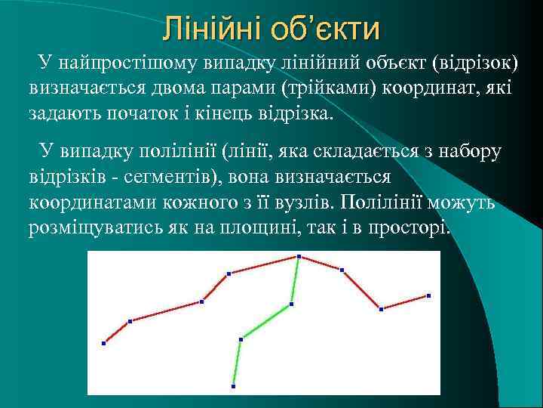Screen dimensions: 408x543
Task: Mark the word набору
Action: pos(475,152)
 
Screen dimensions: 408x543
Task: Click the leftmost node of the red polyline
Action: pos(104,343)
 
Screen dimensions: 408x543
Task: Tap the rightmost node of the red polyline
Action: pos(428,295)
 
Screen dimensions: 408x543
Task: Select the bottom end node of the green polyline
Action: pos(234,386)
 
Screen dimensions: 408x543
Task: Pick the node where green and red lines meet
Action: pos(299,257)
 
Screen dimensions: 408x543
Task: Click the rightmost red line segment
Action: pos(405,302)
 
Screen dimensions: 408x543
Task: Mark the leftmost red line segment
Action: pos(117,332)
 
